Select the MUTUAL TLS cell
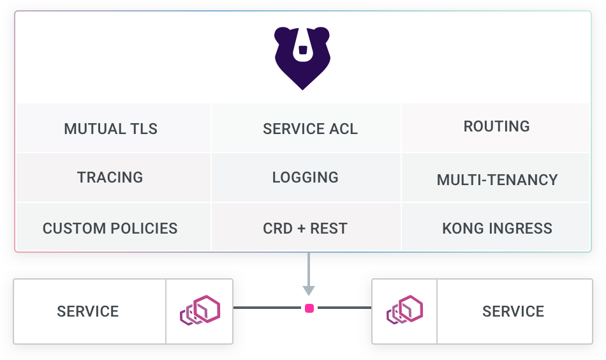(x=110, y=129)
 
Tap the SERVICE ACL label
(x=310, y=129)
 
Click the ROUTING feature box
(x=496, y=126)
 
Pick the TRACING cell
(x=110, y=177)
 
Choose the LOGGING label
(x=305, y=177)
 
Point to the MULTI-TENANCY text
(x=497, y=180)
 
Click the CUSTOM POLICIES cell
(x=110, y=229)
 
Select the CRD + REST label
(x=305, y=229)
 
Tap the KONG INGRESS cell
(x=497, y=229)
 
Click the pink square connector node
(x=309, y=308)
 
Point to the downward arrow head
(x=309, y=291)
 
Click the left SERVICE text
(x=88, y=311)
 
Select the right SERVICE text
(x=513, y=311)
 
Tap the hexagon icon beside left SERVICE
(x=200, y=311)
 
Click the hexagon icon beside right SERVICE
(x=405, y=311)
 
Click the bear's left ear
(x=283, y=36)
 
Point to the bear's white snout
(x=302, y=49)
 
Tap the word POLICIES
(x=144, y=229)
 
